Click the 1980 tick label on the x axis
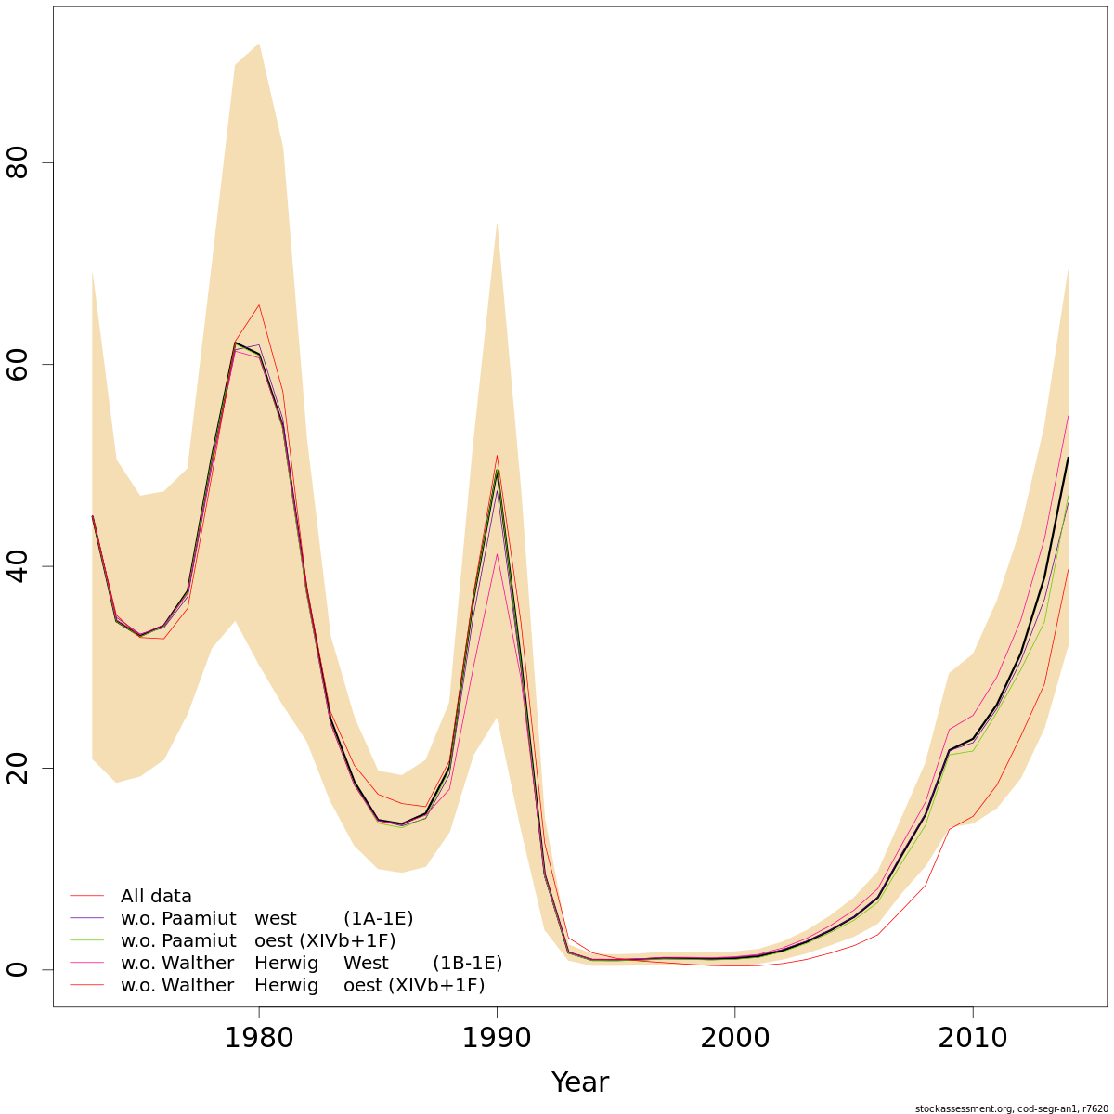click(259, 1039)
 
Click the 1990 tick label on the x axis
click(498, 1039)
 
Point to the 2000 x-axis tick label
click(735, 1039)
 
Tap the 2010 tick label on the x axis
click(973, 1039)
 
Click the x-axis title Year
click(579, 1082)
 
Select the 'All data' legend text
click(156, 897)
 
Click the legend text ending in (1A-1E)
click(266, 919)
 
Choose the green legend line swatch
click(86, 941)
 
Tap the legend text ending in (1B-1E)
click(311, 964)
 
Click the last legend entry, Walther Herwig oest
click(303, 986)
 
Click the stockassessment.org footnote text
click(1011, 1108)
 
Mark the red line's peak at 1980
click(259, 305)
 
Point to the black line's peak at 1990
click(498, 470)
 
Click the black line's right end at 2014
click(1069, 458)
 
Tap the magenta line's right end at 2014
click(1069, 416)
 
